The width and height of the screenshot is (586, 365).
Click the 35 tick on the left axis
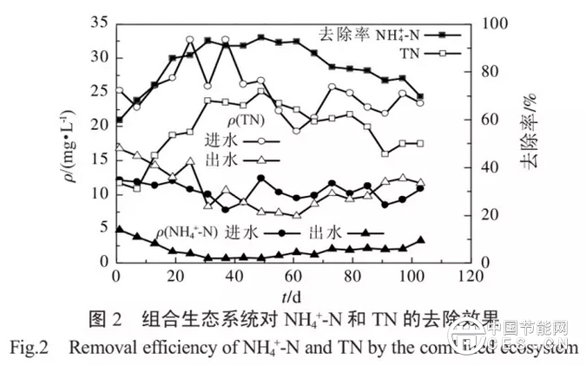pos(99,23)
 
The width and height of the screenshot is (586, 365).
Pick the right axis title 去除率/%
pos(531,142)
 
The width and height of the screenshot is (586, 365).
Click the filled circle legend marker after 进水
pos(284,232)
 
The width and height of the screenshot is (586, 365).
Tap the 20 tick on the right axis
pos(486,214)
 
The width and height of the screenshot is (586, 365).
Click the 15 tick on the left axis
pos(99,160)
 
